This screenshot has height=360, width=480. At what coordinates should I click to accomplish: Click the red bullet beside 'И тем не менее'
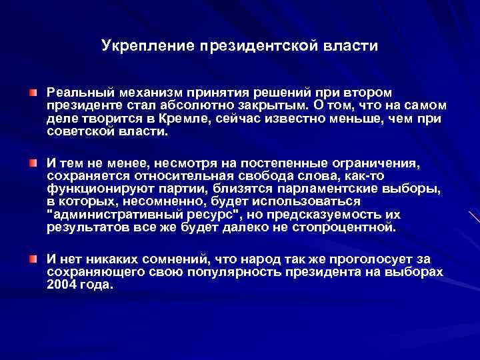click(32, 163)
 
